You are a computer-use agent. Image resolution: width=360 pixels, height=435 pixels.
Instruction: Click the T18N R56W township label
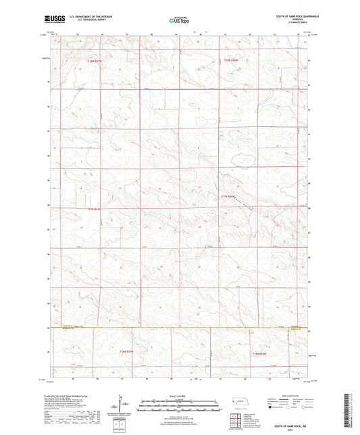(x=232, y=61)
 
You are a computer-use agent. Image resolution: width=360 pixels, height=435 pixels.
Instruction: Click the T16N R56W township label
(x=260, y=353)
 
